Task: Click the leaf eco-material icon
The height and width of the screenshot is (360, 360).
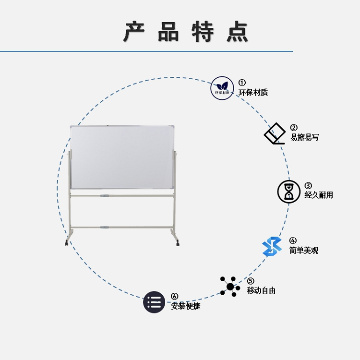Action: tap(222, 88)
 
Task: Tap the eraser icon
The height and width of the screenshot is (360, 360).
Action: tap(275, 133)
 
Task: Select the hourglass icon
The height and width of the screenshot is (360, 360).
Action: tap(288, 192)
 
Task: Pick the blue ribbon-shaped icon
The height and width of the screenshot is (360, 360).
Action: tap(272, 247)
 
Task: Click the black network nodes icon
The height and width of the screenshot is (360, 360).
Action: tap(230, 287)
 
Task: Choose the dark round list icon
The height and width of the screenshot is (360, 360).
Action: tap(154, 302)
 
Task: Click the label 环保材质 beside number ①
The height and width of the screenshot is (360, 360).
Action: tap(253, 93)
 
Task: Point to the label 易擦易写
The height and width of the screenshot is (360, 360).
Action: tap(305, 137)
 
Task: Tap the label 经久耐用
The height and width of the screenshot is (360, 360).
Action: tap(319, 195)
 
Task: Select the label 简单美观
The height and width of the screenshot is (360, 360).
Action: tap(303, 250)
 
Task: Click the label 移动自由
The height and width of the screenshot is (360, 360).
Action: tap(261, 290)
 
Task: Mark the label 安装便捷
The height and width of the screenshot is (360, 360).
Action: tap(185, 306)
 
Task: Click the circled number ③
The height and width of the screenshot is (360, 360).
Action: tap(308, 185)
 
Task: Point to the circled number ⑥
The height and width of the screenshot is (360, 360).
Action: tap(175, 297)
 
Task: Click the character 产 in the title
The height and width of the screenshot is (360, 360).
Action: tap(134, 32)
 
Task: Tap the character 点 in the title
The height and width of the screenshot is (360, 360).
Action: tap(237, 32)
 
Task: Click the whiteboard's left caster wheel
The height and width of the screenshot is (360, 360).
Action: tap(67, 243)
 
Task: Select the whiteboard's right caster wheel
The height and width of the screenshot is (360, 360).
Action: tap(178, 243)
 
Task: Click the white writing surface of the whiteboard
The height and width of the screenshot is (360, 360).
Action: tap(122, 157)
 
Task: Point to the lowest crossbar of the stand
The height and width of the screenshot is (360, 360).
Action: tap(122, 228)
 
